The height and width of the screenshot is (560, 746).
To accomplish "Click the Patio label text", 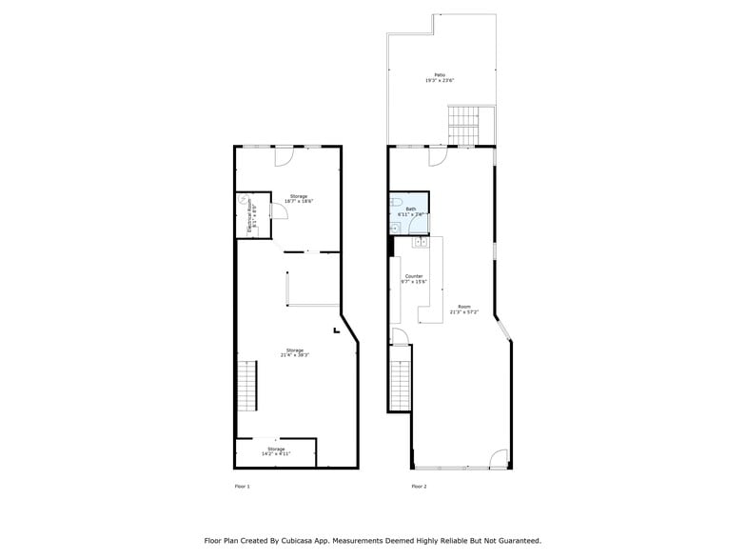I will tap(440, 77).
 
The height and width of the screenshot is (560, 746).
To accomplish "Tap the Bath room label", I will tap(410, 211).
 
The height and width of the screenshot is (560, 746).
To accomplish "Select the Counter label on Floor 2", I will tap(413, 278).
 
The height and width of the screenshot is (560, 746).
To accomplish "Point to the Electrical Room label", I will tap(251, 216).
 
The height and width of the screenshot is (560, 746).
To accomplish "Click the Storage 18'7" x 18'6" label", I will tap(299, 199).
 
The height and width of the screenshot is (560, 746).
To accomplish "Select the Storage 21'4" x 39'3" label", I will tap(295, 352).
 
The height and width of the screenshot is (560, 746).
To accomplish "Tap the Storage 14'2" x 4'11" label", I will tap(276, 451).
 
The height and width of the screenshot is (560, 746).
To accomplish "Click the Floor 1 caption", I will tap(242, 487).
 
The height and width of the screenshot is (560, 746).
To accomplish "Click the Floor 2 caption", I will tap(419, 487).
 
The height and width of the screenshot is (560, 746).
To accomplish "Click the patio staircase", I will tap(463, 126).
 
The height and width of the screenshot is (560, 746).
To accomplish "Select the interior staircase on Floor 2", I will tap(400, 378).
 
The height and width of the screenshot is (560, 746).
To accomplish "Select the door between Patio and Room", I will tap(438, 155).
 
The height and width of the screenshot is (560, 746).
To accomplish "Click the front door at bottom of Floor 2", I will tap(499, 460).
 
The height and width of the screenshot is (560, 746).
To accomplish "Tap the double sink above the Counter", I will tap(421, 243).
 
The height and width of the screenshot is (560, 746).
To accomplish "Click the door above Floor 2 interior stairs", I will tap(401, 336).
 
